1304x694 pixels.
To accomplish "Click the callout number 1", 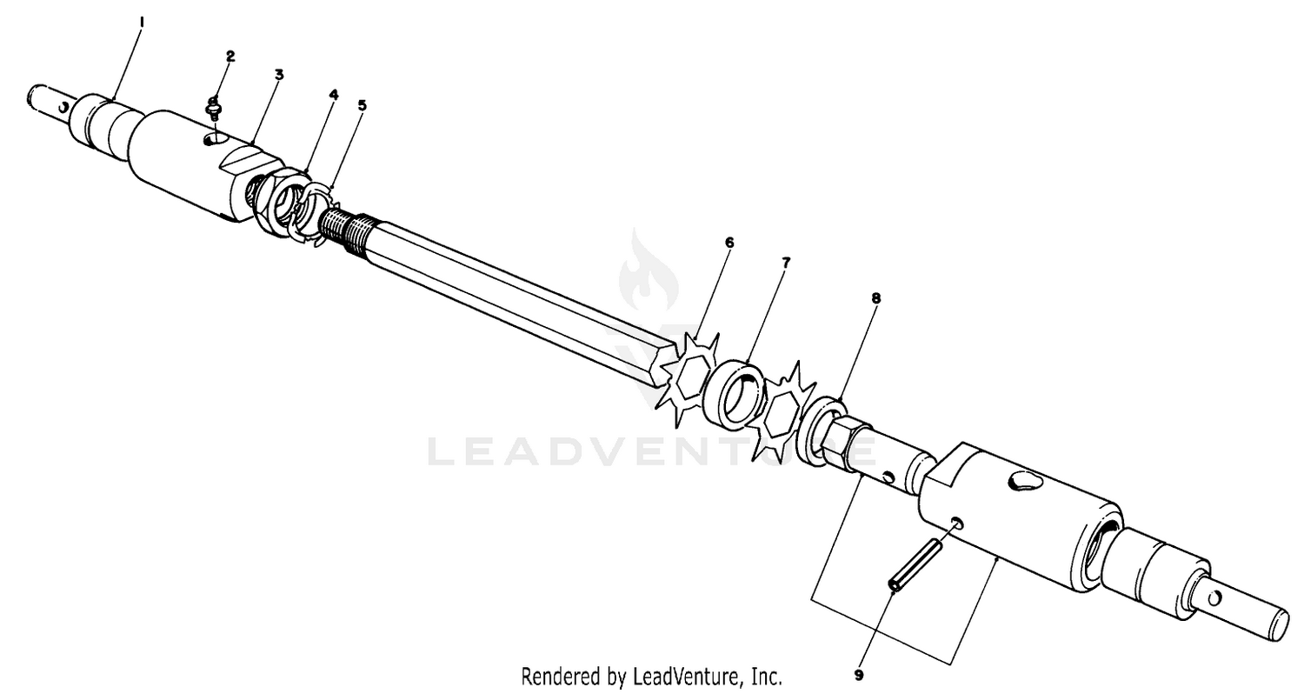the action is click(142, 23).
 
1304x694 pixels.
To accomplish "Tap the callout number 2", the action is click(230, 57).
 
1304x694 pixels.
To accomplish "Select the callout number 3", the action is click(279, 75).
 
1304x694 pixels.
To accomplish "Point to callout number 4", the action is click(334, 94).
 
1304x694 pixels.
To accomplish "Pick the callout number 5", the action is click(363, 105).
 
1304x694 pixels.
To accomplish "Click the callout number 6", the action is click(729, 242).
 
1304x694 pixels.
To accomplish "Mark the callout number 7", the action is click(786, 263).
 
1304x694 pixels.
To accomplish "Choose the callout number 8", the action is click(876, 298).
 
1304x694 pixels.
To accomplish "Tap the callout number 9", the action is click(859, 676).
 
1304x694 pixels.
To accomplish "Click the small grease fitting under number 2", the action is click(214, 108).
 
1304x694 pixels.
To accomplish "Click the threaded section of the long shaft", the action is click(349, 230).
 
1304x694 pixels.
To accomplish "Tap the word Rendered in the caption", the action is click(562, 677).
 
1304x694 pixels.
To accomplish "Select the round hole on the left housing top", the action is click(215, 140).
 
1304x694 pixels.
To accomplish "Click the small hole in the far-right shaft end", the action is click(1214, 598).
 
